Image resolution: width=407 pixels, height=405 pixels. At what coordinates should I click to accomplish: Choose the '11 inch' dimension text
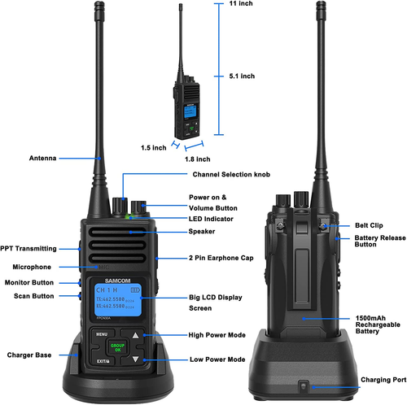pos(241,6)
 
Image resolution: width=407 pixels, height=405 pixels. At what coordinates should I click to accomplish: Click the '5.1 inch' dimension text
pos(242,76)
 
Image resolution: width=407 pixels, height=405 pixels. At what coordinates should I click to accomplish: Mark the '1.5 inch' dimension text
pos(154,148)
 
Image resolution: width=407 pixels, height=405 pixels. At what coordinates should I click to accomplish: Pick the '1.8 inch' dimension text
pos(197,159)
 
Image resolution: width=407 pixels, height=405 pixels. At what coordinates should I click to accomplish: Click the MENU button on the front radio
pos(102,333)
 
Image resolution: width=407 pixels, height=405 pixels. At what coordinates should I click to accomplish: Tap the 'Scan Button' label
pos(33,295)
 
